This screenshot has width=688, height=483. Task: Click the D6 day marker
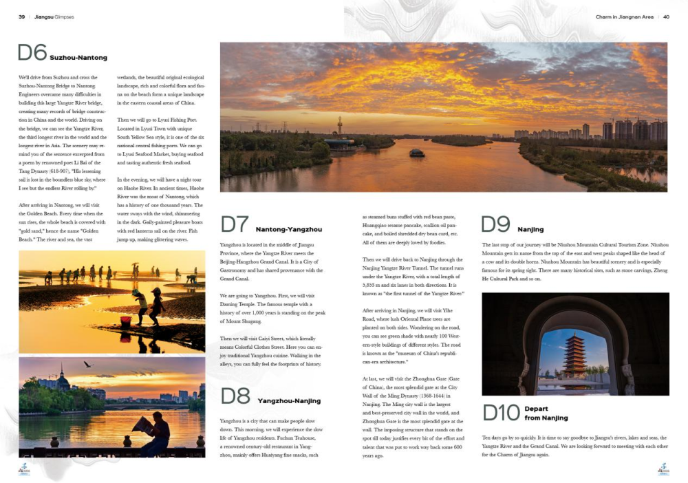(32, 54)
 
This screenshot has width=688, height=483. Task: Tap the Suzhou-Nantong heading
(78, 58)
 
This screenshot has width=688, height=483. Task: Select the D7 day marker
(235, 225)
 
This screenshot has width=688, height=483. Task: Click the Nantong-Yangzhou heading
(288, 229)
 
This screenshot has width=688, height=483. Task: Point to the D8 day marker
(235, 396)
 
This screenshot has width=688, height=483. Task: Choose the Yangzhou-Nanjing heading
(289, 400)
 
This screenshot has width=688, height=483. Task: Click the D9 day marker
(495, 225)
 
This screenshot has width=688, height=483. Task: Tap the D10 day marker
(500, 413)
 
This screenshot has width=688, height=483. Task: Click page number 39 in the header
(22, 17)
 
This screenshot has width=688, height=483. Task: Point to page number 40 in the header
(666, 17)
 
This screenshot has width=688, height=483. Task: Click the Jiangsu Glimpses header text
(54, 17)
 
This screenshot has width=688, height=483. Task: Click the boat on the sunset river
(417, 152)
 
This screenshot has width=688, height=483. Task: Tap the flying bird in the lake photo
(88, 364)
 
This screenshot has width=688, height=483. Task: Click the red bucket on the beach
(126, 321)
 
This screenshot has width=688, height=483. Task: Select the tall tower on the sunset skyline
(338, 127)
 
